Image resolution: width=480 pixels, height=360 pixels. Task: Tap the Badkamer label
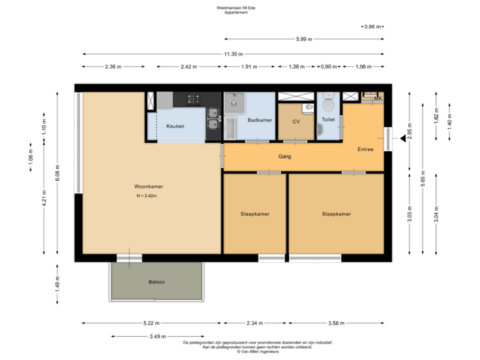tap(259, 121)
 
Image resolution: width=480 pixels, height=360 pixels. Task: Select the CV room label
tap(296, 122)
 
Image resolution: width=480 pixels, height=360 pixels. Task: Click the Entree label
tap(365, 149)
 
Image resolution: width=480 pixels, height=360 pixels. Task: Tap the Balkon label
tap(157, 282)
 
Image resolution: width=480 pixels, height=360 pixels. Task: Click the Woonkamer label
tap(148, 187)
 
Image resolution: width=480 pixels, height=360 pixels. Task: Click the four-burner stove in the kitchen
tap(194, 99)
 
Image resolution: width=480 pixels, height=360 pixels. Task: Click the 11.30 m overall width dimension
tap(233, 54)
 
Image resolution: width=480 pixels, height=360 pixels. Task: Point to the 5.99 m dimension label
tap(303, 39)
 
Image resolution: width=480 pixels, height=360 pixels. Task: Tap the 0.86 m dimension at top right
tap(373, 27)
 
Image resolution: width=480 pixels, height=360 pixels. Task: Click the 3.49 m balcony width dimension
tap(157, 336)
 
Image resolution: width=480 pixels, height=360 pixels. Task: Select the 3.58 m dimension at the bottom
tap(337, 323)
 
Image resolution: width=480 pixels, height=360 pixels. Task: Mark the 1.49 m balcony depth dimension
tap(58, 287)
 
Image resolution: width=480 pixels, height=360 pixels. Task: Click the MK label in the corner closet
tap(377, 99)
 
